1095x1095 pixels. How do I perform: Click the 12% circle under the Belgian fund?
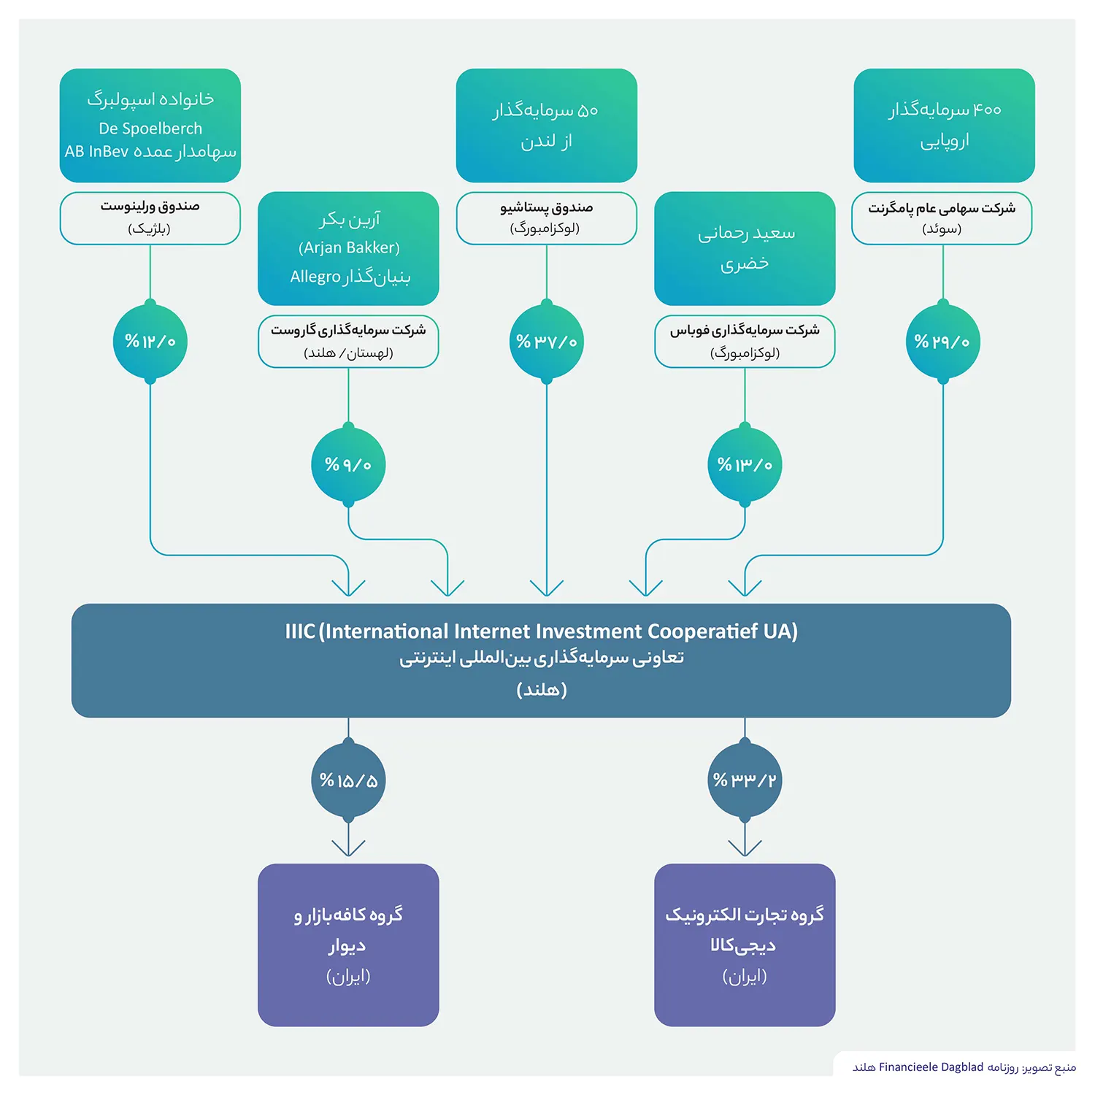click(150, 342)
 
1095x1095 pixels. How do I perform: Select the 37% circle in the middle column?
click(547, 342)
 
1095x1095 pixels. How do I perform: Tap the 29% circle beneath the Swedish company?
click(943, 342)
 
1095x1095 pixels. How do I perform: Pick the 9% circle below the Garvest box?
click(348, 465)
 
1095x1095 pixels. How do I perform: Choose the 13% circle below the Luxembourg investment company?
click(745, 465)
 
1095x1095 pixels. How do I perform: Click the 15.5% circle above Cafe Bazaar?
click(348, 780)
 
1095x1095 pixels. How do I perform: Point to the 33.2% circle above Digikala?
click(745, 780)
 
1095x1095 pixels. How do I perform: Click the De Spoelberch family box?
click(150, 126)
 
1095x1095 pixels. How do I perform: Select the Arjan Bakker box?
click(348, 248)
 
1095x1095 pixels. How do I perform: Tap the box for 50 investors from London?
click(547, 126)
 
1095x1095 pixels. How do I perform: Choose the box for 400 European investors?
click(944, 126)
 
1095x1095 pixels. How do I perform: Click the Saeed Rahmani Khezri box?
click(745, 248)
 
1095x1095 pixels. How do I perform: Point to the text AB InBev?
click(96, 152)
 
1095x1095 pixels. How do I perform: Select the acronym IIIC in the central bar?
click(300, 631)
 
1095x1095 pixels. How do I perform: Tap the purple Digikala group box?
click(745, 945)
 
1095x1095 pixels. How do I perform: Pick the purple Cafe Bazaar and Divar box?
click(348, 945)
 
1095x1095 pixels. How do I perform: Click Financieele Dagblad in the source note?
click(931, 1067)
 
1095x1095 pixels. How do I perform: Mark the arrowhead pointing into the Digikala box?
click(745, 848)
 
